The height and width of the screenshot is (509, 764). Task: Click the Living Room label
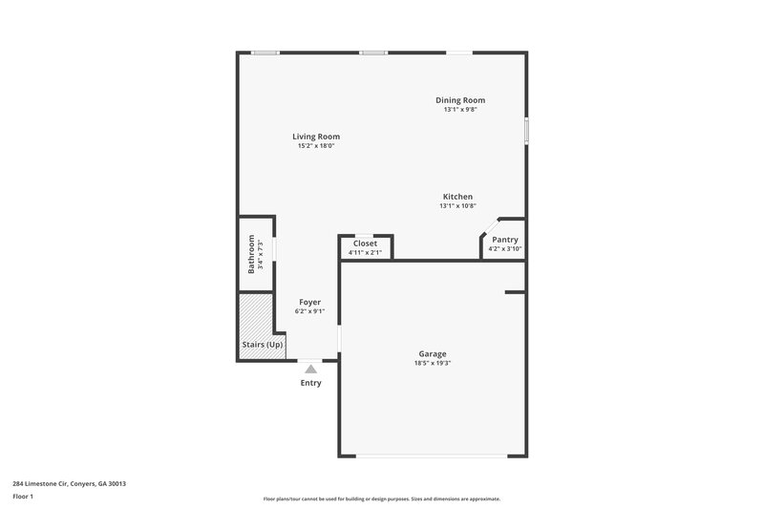click(x=316, y=137)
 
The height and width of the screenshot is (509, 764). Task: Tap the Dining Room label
click(x=460, y=100)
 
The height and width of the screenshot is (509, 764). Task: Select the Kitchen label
click(x=456, y=197)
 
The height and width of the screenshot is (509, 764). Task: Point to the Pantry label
click(x=505, y=240)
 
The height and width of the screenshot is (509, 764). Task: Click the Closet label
click(x=365, y=244)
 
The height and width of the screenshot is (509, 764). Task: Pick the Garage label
click(x=432, y=353)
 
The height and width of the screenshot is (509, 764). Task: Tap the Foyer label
click(x=309, y=302)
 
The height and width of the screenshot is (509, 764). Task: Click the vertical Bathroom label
click(x=252, y=254)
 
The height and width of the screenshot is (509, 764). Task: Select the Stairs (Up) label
click(x=261, y=345)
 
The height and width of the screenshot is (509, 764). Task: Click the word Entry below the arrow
click(x=311, y=383)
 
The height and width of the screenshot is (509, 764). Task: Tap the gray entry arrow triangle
click(x=310, y=368)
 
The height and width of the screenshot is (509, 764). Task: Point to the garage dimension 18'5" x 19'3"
click(x=432, y=363)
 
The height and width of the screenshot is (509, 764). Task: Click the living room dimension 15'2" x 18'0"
click(x=316, y=146)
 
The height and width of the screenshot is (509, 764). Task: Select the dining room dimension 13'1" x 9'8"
click(x=460, y=110)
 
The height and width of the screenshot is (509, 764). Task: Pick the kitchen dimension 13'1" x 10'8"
click(x=456, y=206)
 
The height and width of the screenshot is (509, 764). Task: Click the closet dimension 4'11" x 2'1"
click(x=365, y=253)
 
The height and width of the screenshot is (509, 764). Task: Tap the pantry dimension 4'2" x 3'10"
click(x=505, y=249)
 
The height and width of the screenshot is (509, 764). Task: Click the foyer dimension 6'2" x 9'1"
click(x=309, y=311)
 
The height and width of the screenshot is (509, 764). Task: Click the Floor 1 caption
click(x=23, y=498)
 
